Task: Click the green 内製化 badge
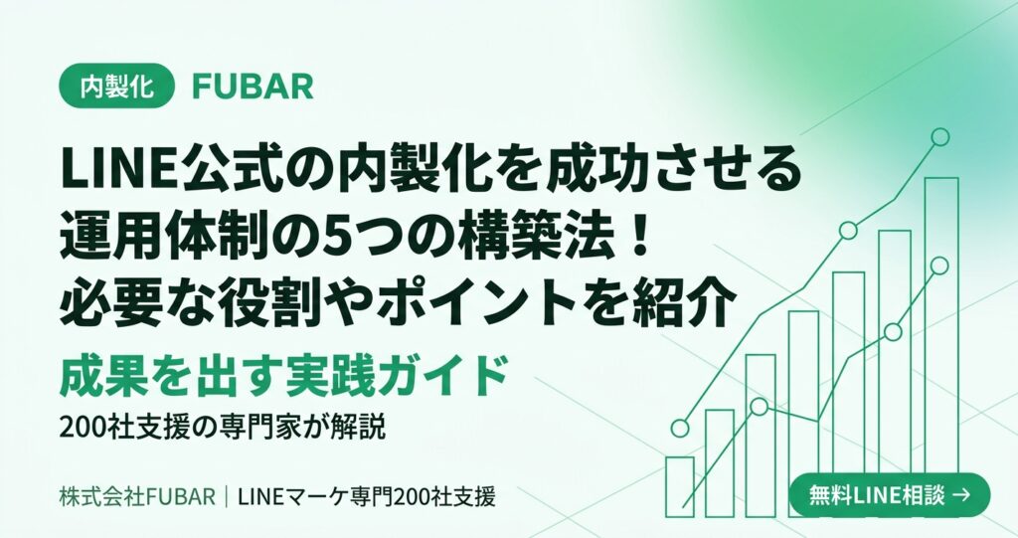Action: [117, 86]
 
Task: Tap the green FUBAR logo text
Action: [254, 87]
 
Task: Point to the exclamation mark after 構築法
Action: [639, 237]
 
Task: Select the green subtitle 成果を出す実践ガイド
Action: [283, 376]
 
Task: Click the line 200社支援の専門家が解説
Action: [223, 428]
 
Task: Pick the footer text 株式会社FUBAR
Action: [137, 497]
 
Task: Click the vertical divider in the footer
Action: [227, 497]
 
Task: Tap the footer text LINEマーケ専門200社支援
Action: [367, 497]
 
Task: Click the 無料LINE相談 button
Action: [890, 495]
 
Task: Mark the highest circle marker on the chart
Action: [939, 137]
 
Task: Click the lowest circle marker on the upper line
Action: [680, 429]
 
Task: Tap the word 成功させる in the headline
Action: [673, 171]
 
